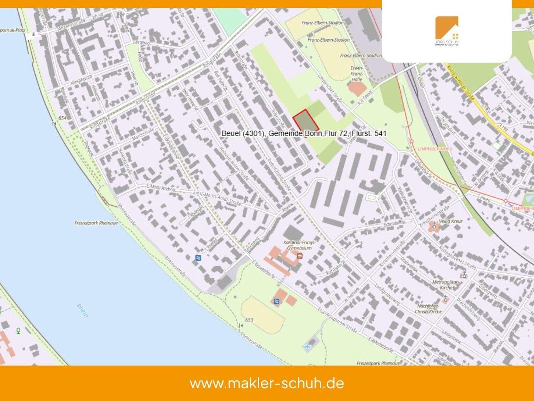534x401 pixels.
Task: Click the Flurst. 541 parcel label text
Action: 303,133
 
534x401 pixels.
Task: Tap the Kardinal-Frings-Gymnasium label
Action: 299,245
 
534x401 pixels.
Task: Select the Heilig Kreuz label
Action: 450,221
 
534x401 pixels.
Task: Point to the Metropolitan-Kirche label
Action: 446,285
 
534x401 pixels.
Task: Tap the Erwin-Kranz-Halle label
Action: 356,74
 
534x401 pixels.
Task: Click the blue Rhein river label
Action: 82,310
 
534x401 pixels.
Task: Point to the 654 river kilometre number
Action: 63,118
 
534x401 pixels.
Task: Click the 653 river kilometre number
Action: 249,320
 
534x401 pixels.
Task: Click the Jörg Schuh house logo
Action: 447,31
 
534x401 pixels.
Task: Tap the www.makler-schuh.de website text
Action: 267,383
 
